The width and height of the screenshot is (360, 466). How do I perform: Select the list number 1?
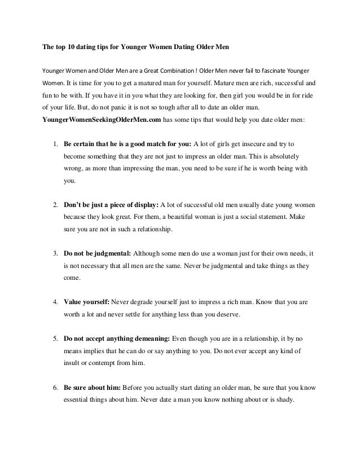click(56, 144)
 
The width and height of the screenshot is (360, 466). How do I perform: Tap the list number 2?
click(56, 204)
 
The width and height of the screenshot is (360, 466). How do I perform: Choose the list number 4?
click(56, 302)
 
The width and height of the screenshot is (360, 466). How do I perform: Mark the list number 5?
click(56, 339)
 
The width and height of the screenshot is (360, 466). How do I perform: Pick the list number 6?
click(56, 389)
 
